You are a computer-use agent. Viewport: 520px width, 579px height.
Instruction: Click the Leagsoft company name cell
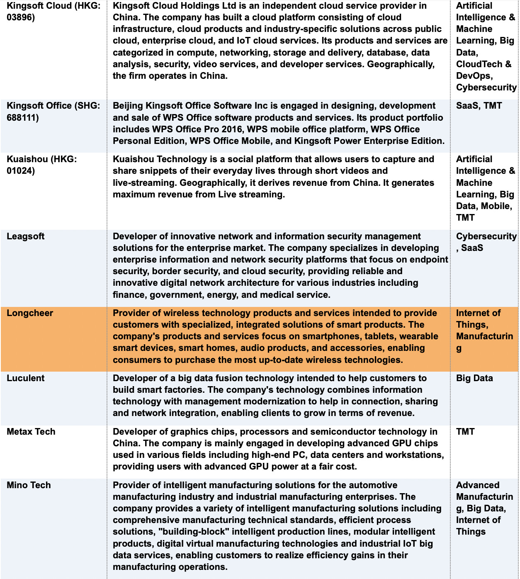tap(25, 236)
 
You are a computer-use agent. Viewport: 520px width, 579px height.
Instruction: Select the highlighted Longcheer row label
tap(30, 313)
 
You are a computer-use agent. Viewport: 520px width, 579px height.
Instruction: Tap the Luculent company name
tap(25, 378)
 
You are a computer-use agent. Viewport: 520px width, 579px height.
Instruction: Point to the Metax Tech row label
tap(31, 432)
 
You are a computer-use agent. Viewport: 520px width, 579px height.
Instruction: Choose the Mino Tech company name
tap(29, 485)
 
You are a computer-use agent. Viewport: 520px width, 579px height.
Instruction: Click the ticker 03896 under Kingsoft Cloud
tap(21, 17)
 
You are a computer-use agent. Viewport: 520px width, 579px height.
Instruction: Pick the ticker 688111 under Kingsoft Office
tap(23, 118)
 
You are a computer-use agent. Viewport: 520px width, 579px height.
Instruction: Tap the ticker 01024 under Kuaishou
tap(21, 171)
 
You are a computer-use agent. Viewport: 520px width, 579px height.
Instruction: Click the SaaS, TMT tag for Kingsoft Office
tap(479, 106)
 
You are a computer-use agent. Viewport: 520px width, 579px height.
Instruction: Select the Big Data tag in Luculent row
tap(474, 378)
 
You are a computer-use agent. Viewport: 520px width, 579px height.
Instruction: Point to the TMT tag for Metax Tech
tap(465, 432)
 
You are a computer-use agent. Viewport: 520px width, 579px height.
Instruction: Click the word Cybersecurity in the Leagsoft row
tap(486, 236)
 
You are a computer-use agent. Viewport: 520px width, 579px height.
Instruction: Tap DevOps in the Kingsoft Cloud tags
tap(474, 76)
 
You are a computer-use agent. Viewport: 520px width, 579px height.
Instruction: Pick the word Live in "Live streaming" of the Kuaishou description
tap(227, 195)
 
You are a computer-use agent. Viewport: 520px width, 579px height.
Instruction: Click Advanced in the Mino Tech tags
tap(478, 485)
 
